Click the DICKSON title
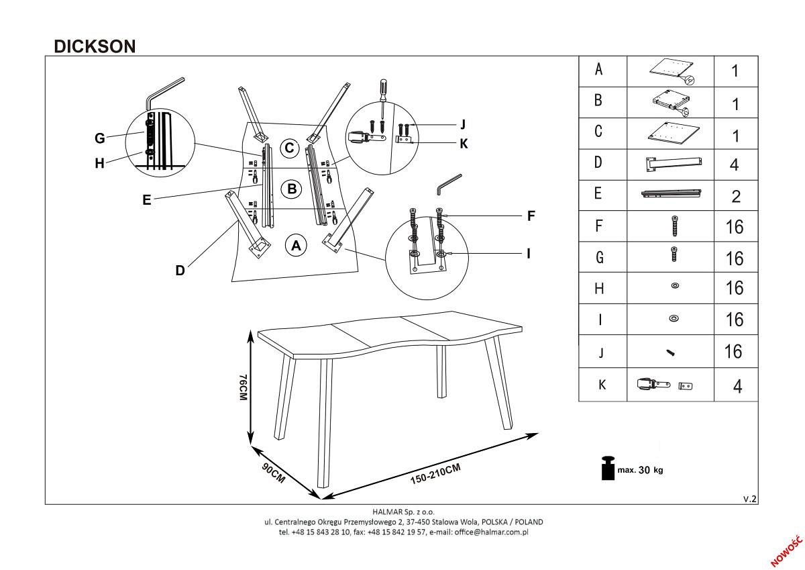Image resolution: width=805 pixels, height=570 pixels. (x=95, y=46)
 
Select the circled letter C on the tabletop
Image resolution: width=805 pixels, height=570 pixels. (x=290, y=148)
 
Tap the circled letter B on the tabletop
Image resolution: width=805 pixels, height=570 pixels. (x=292, y=189)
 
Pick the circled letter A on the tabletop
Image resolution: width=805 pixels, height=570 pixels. (x=296, y=246)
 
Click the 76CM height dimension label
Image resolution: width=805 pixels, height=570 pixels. (x=244, y=387)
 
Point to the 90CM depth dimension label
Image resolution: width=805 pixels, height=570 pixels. (x=274, y=473)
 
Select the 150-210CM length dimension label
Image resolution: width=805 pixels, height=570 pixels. (x=435, y=474)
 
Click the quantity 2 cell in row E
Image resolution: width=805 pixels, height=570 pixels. (x=736, y=196)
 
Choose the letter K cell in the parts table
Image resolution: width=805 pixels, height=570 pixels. (x=602, y=385)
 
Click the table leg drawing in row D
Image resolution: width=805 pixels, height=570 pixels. (x=674, y=164)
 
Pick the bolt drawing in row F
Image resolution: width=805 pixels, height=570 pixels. (x=675, y=226)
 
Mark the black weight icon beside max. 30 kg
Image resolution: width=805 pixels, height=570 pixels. (x=608, y=468)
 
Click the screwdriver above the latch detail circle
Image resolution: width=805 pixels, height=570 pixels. (x=383, y=98)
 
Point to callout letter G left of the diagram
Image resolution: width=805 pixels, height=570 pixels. (x=99, y=138)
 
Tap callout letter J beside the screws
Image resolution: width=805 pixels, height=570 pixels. (x=463, y=124)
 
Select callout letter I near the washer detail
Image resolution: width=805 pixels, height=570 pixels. (x=529, y=254)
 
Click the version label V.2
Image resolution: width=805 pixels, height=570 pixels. (x=750, y=499)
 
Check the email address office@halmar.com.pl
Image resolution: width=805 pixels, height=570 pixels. (x=491, y=532)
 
